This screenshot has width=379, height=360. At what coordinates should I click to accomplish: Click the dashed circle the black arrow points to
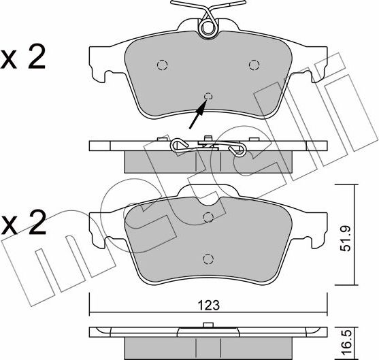point(208,96)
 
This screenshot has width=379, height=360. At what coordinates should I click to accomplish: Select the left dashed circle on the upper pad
point(162,65)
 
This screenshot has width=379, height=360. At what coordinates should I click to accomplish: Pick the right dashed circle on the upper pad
point(253,65)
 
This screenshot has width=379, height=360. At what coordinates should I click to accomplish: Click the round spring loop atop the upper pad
point(208,27)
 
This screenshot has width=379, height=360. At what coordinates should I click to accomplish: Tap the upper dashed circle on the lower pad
point(208,218)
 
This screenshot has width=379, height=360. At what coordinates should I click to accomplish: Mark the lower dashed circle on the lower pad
point(208,258)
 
